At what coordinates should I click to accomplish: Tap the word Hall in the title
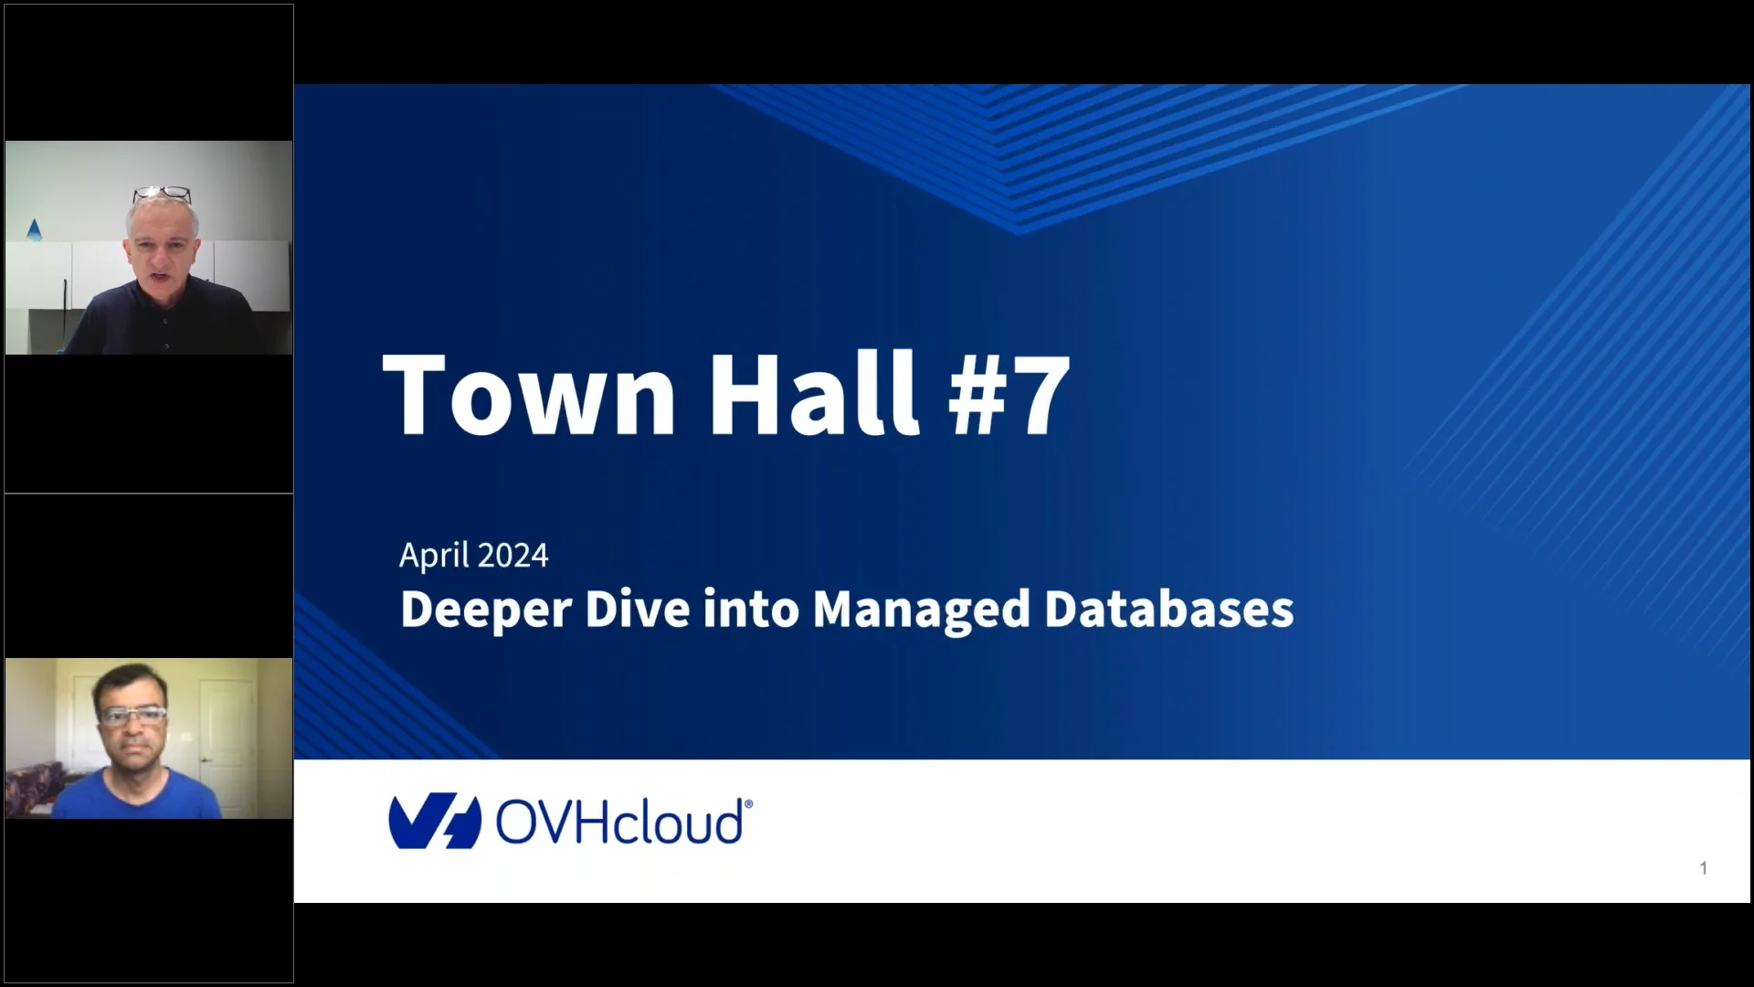(x=808, y=395)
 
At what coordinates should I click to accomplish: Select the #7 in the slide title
(x=1009, y=395)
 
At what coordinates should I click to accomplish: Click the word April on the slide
(x=434, y=556)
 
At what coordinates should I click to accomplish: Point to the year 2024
(x=512, y=556)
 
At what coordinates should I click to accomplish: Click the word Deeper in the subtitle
(x=485, y=610)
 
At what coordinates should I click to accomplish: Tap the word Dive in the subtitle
(x=637, y=610)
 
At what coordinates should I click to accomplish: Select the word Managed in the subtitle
(x=922, y=610)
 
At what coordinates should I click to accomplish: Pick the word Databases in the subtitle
(x=1168, y=610)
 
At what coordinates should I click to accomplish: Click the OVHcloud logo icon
(x=435, y=821)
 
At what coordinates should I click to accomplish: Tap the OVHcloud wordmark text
(x=618, y=822)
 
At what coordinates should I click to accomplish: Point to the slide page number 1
(x=1703, y=868)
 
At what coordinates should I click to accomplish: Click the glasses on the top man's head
(x=162, y=195)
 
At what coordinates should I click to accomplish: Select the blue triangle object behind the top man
(x=34, y=229)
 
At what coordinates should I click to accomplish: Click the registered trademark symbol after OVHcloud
(x=748, y=803)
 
